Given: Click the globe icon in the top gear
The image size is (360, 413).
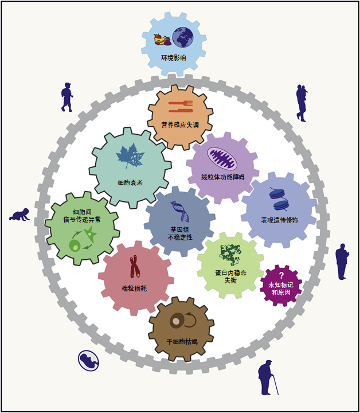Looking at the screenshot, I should tap(183, 38).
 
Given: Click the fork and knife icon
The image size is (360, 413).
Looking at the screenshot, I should tap(180, 107).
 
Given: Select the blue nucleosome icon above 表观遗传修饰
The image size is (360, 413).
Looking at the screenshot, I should tap(279, 199).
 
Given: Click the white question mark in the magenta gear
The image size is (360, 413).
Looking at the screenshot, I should tap(281, 275).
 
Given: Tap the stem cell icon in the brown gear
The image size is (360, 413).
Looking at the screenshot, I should tap(179, 321).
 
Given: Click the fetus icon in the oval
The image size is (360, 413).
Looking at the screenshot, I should tap(88, 359).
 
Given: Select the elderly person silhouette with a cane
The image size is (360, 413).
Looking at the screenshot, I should tap(267, 377).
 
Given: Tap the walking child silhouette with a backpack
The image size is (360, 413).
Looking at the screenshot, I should tap(67, 97).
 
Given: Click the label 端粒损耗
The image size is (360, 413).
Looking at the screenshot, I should tap(134, 288).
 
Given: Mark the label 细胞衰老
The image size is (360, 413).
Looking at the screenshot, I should tap(130, 184).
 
